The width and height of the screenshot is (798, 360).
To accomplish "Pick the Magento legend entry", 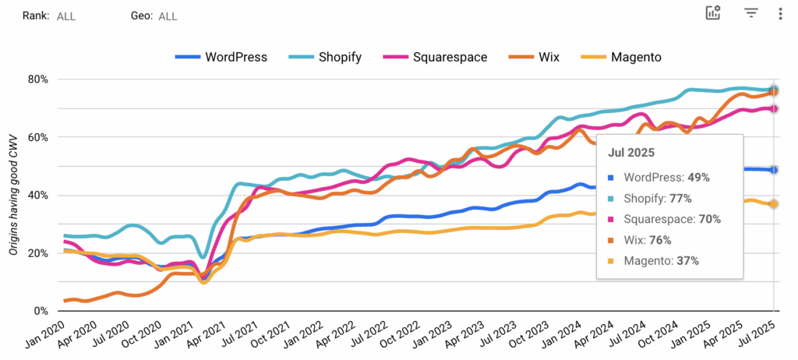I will tap(625, 57).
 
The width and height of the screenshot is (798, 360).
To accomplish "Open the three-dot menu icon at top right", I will tap(780, 13).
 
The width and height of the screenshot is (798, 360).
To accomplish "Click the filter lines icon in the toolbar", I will tap(750, 13).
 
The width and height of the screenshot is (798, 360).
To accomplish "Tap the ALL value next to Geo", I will tap(168, 16).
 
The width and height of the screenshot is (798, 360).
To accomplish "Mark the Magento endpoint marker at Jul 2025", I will tap(773, 204).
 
